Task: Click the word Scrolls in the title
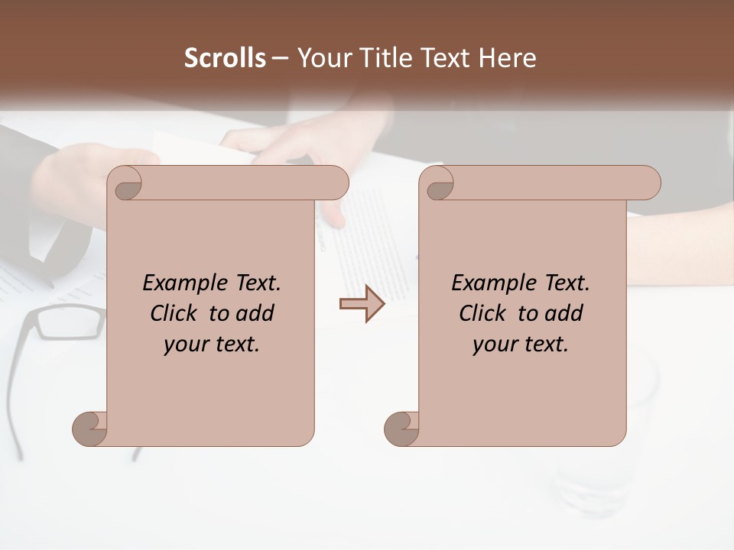[x=225, y=58]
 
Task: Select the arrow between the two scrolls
[x=362, y=304]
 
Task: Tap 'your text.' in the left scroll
[x=212, y=345]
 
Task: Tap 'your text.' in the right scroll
[x=521, y=345]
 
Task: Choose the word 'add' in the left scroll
[x=256, y=313]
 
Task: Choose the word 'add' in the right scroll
[x=565, y=313]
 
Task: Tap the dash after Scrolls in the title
[x=280, y=58]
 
